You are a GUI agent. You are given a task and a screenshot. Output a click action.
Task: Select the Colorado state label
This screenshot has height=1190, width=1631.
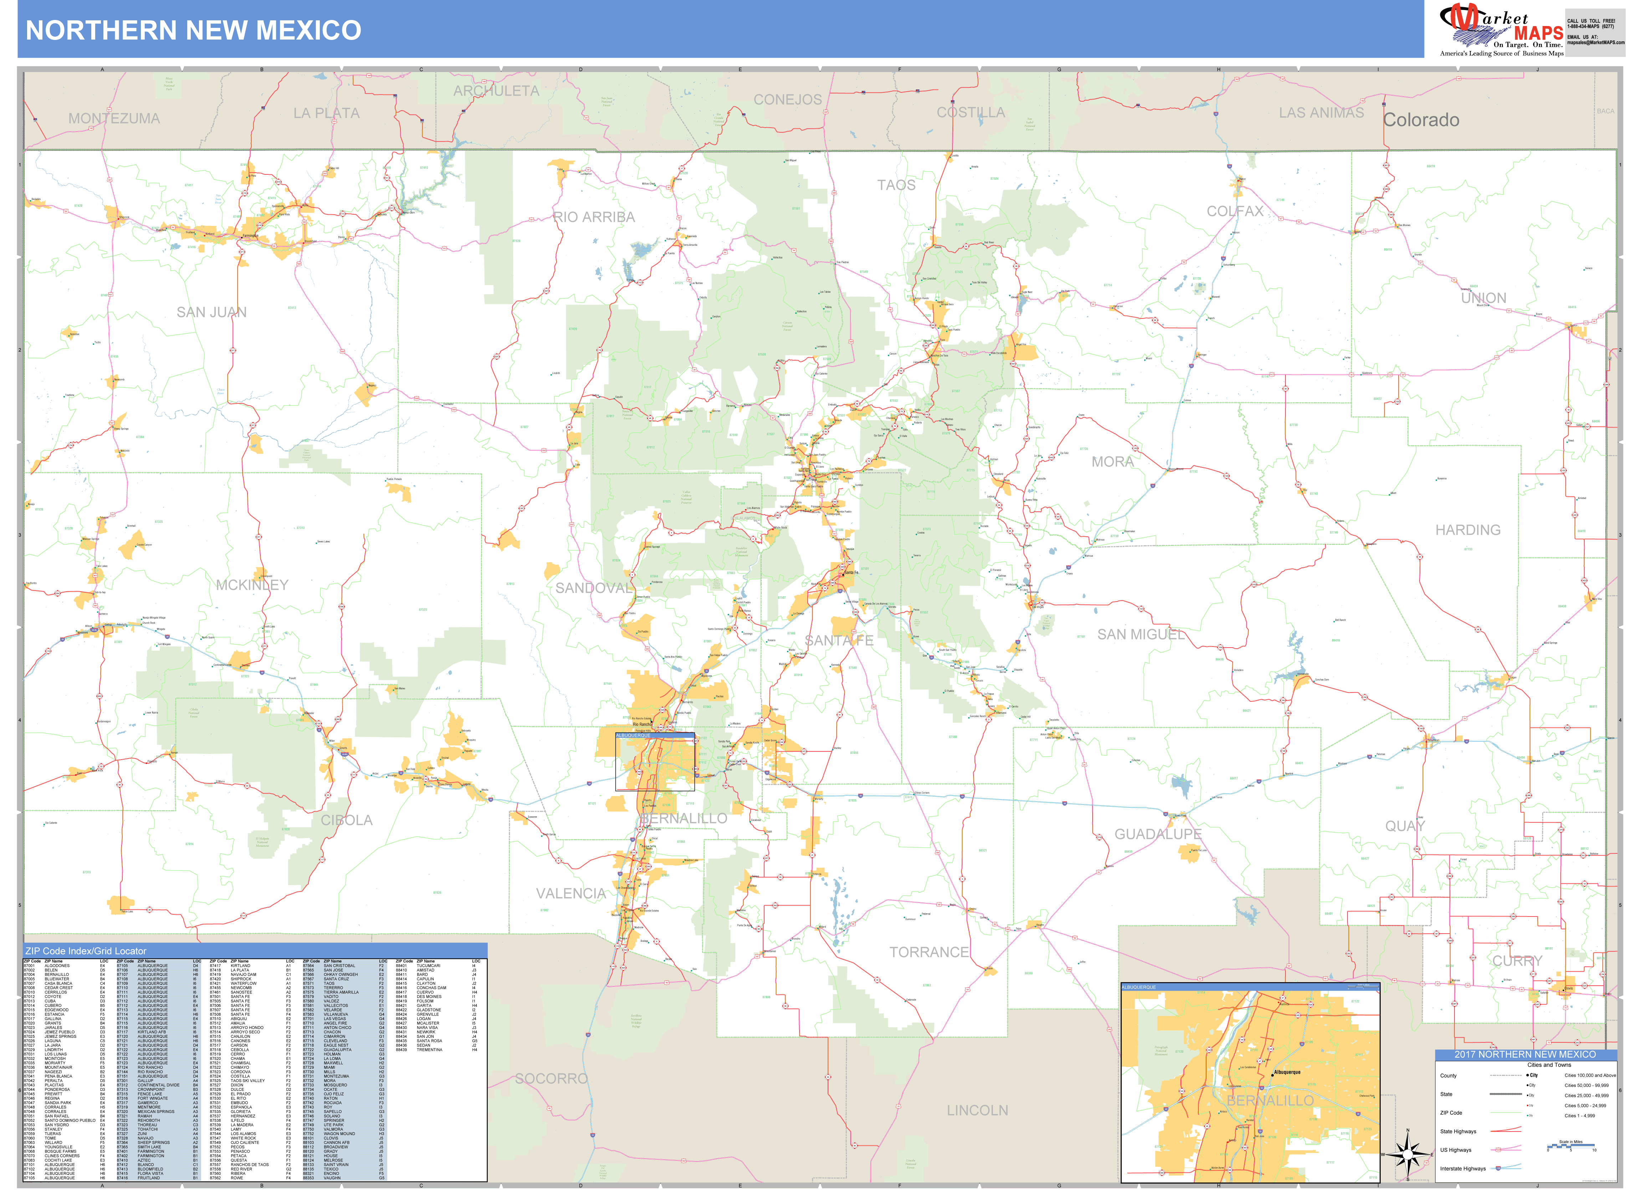pyautogui.click(x=1421, y=120)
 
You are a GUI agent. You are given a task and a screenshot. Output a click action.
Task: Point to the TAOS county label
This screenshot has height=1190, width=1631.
pyautogui.click(x=896, y=185)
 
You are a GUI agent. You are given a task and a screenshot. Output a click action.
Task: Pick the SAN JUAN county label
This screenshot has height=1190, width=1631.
pyautogui.click(x=212, y=312)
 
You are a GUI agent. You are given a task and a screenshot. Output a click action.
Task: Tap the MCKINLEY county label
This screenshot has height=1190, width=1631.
pyautogui.click(x=252, y=585)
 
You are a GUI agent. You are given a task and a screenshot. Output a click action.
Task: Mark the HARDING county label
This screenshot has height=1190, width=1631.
pyautogui.click(x=1468, y=530)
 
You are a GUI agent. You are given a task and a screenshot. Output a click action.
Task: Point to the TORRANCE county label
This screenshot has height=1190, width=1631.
pyautogui.click(x=929, y=952)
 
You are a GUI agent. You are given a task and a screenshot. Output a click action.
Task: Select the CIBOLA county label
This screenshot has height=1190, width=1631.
pyautogui.click(x=346, y=821)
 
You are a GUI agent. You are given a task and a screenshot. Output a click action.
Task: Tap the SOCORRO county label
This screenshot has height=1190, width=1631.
pyautogui.click(x=551, y=1078)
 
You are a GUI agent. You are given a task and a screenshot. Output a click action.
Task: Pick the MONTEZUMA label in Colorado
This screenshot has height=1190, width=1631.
pyautogui.click(x=114, y=119)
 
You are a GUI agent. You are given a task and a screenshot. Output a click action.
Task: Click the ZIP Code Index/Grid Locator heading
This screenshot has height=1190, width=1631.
pyautogui.click(x=86, y=951)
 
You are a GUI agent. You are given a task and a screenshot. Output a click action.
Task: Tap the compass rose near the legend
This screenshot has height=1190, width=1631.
pyautogui.click(x=1408, y=1155)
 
